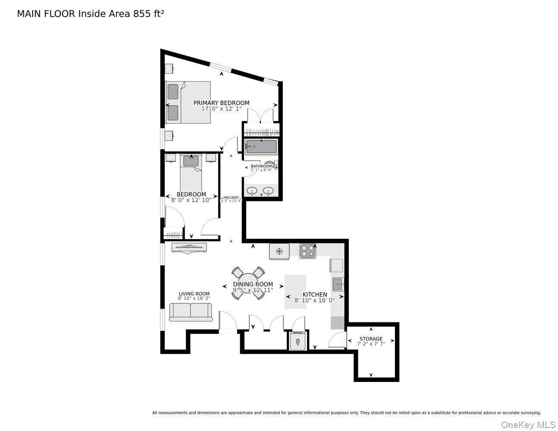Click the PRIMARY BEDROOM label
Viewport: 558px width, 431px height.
221,103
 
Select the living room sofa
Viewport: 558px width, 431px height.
191,312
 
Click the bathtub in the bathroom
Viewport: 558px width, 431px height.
261,147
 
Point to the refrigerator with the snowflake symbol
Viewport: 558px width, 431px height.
279,251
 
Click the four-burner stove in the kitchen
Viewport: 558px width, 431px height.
308,251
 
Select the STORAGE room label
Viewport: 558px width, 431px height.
371,339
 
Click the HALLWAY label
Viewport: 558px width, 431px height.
231,197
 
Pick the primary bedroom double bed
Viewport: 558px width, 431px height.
188,102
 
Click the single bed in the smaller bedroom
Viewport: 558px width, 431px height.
191,172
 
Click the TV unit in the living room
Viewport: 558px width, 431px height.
189,247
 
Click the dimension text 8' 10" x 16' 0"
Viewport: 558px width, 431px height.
314,300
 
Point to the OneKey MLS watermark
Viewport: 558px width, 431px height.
528,425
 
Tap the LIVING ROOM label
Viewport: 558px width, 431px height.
194,294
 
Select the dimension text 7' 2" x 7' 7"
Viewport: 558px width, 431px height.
371,344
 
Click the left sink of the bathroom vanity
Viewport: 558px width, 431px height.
252,190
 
